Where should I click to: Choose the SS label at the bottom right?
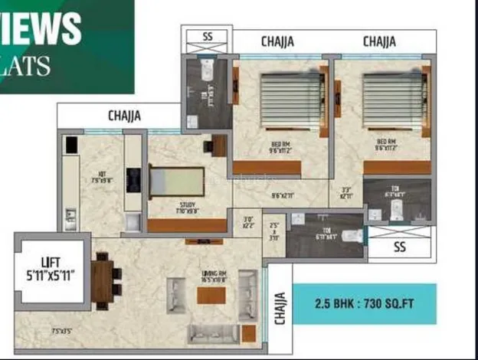(x=399, y=247)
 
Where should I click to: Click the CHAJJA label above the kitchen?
(x=124, y=116)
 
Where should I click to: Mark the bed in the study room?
(x=176, y=182)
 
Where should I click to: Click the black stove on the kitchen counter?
(x=133, y=178)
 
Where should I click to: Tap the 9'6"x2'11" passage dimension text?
(x=283, y=196)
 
